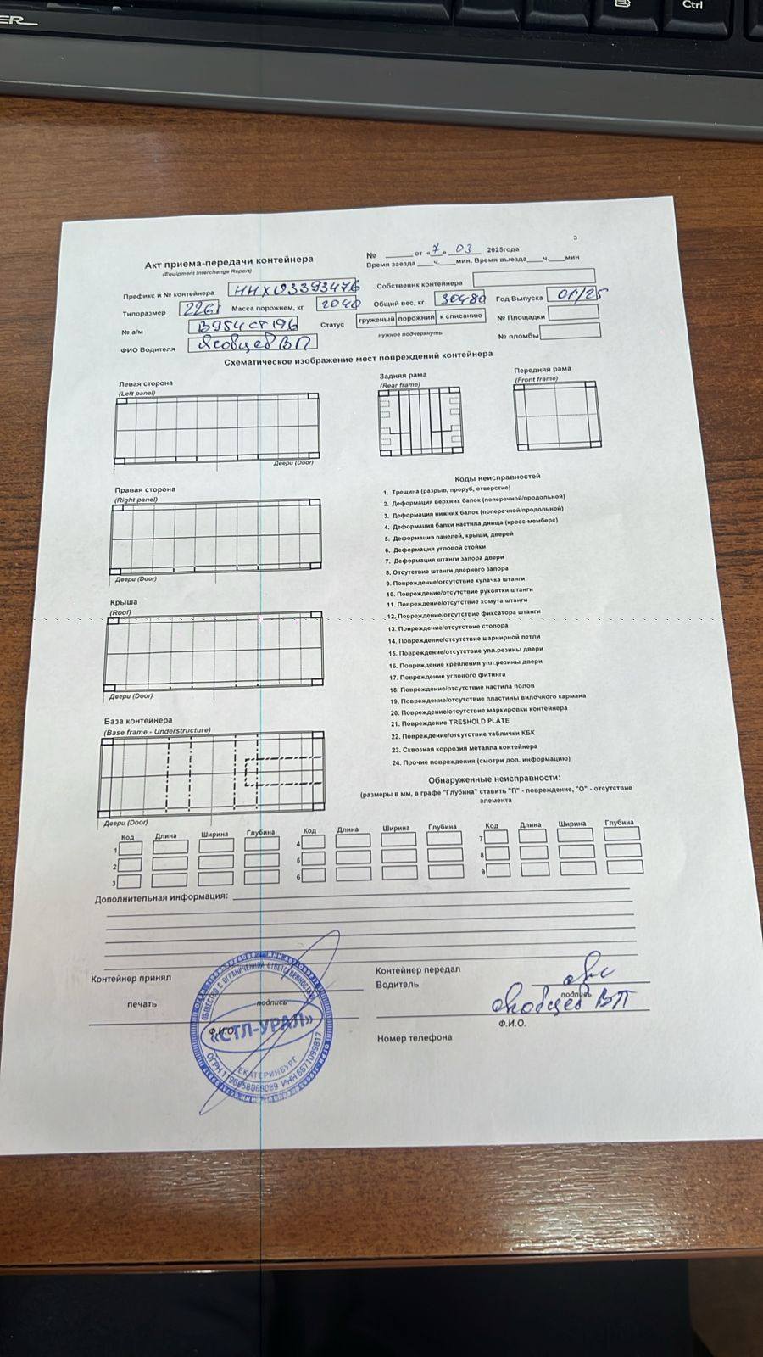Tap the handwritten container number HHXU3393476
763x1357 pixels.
click(x=294, y=288)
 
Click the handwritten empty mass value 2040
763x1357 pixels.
click(x=338, y=303)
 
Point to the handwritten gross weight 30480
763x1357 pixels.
click(x=461, y=299)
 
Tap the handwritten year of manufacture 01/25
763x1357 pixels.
click(x=578, y=293)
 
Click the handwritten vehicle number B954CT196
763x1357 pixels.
click(x=243, y=326)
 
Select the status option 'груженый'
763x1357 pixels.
click(x=376, y=320)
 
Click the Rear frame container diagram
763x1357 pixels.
click(x=420, y=422)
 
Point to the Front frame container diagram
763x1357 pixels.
click(x=556, y=415)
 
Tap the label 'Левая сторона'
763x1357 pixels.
click(x=145, y=383)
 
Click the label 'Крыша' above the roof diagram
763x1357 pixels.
click(x=124, y=602)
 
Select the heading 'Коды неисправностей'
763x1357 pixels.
click(x=497, y=477)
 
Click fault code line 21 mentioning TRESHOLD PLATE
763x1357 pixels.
click(x=450, y=723)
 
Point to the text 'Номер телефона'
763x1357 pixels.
click(x=415, y=1037)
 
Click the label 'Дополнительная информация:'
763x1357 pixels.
click(x=161, y=897)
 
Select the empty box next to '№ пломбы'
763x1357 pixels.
click(x=570, y=332)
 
